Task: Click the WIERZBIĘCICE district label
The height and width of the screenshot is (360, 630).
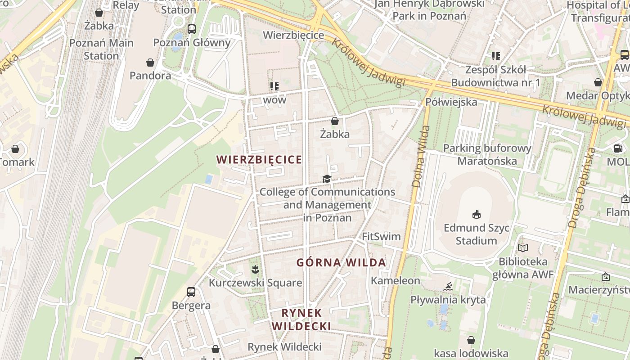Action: (259, 160)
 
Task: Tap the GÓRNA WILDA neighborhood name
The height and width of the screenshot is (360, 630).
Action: (341, 263)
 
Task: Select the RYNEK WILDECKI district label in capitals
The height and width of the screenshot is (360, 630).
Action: (302, 319)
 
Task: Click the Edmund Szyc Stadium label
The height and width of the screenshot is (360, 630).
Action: (477, 234)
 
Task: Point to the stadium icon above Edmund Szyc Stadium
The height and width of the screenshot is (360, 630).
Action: (476, 214)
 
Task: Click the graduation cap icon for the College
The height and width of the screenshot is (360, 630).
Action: (327, 179)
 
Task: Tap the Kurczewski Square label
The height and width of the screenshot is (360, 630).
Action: (255, 283)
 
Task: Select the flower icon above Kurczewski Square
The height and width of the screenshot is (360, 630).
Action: (255, 270)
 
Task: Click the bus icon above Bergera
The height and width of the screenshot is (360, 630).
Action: (191, 292)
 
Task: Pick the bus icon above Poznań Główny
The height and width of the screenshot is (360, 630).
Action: (192, 29)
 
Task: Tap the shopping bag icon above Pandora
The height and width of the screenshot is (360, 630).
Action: (150, 63)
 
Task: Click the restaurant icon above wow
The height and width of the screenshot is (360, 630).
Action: (274, 86)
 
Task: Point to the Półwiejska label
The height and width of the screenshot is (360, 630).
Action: (451, 102)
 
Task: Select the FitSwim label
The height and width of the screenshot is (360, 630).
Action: (381, 236)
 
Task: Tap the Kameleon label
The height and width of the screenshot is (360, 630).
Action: (396, 281)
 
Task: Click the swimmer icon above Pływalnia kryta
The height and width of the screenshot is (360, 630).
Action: (448, 287)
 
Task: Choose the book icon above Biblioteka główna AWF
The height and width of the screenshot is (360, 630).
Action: (522, 248)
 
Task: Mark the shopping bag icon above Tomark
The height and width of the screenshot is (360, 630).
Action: (15, 148)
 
